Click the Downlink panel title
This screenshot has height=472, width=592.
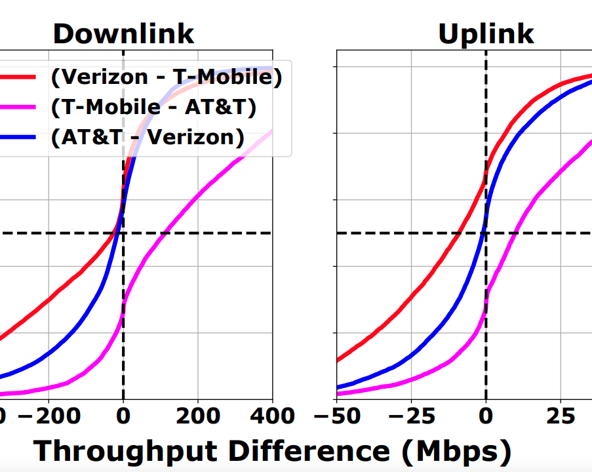point(123,34)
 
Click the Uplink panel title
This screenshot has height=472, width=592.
point(485,34)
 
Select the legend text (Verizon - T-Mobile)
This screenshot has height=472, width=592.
point(167,77)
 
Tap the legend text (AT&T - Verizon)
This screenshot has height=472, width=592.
point(148,137)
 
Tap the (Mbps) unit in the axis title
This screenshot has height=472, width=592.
point(455,452)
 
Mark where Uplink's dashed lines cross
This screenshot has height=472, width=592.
point(486,233)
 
